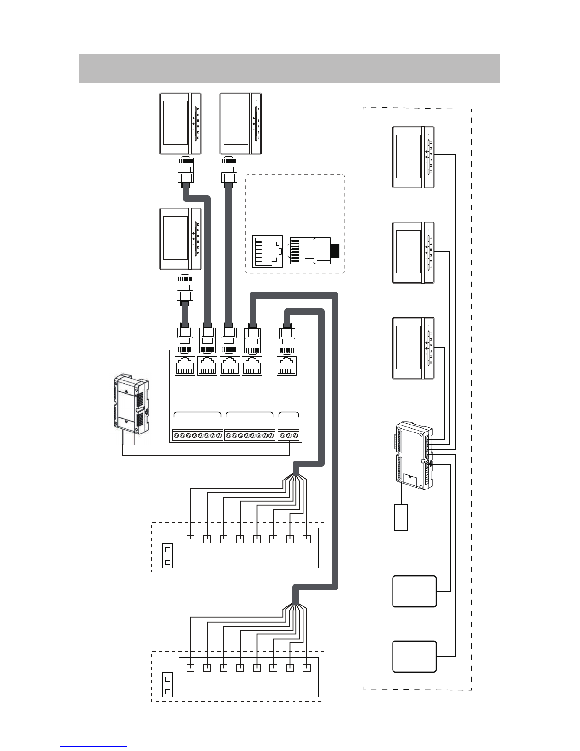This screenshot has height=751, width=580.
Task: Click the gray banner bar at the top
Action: point(289,68)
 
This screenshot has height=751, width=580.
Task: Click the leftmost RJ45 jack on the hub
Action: point(185,366)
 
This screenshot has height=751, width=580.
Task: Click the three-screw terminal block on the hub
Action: point(289,435)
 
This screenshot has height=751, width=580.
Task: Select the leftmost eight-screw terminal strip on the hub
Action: point(197,435)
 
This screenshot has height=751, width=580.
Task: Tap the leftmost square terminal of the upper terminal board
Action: point(190,539)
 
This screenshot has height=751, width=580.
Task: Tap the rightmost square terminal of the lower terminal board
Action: point(307,669)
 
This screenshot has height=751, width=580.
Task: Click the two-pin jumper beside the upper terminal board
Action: point(167,556)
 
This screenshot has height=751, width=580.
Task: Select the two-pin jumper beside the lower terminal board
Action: point(167,685)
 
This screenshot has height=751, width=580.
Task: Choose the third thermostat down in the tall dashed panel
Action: point(413,349)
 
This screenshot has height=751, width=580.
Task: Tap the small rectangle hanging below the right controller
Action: point(401,517)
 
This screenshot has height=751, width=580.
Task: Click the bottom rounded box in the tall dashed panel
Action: point(414,656)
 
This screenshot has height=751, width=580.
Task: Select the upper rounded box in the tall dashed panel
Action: point(414,591)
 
